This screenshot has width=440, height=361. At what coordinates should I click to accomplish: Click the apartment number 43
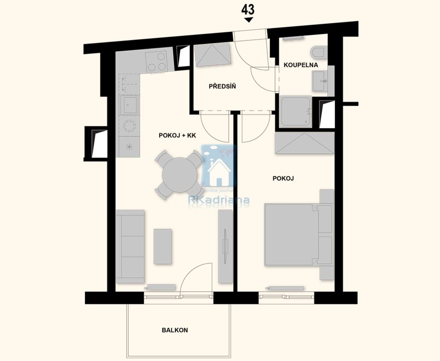[x=248, y=9]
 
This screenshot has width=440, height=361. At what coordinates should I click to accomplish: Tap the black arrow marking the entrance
[x=248, y=20]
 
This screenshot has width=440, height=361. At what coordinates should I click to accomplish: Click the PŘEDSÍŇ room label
[x=222, y=86]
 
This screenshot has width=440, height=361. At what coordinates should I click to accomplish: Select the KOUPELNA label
[x=301, y=65]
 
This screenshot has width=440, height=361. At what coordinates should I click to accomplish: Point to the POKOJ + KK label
[x=177, y=135]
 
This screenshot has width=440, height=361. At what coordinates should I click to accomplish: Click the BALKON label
[x=175, y=330]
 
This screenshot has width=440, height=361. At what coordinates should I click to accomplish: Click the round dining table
[x=180, y=174]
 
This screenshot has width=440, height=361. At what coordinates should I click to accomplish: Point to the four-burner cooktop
[x=156, y=62]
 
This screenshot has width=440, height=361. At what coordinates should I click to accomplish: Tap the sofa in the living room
[x=130, y=246]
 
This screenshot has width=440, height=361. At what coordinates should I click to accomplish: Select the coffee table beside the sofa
[x=162, y=246]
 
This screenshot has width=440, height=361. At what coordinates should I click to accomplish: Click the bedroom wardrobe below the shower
[x=304, y=143]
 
